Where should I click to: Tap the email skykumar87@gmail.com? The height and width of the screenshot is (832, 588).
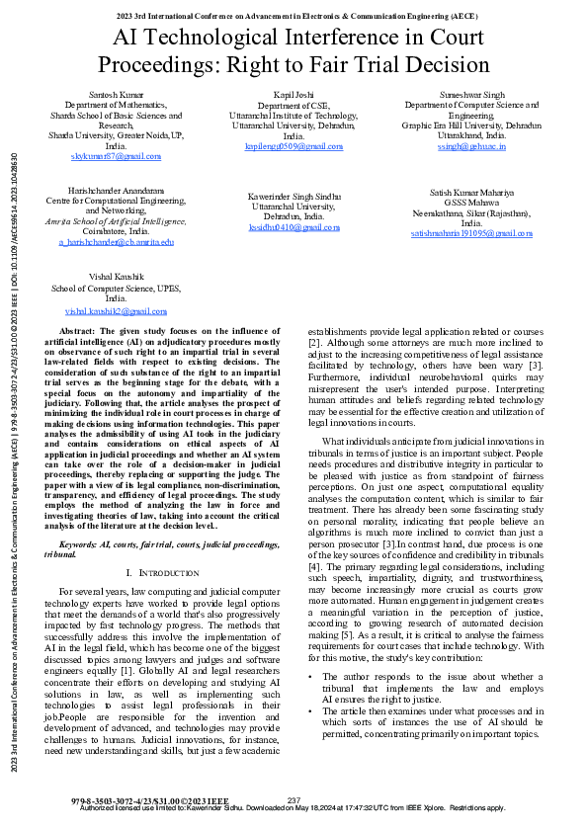click(x=116, y=156)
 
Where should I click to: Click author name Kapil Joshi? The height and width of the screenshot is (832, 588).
click(x=294, y=92)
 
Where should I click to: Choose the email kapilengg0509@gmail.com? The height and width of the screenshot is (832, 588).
click(x=294, y=146)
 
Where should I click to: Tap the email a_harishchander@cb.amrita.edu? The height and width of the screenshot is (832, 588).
click(x=116, y=241)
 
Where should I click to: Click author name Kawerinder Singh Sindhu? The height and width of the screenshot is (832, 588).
click(x=294, y=197)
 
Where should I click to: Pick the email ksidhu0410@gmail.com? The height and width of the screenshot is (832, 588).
click(x=294, y=225)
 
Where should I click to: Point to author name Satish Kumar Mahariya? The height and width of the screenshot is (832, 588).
click(x=471, y=192)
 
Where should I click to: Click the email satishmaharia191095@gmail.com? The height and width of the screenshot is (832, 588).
click(x=471, y=234)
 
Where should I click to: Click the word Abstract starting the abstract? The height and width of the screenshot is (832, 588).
click(x=78, y=330)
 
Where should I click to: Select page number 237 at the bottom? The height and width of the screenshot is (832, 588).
click(x=294, y=799)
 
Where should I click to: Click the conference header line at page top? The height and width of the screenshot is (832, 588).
click(x=294, y=16)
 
